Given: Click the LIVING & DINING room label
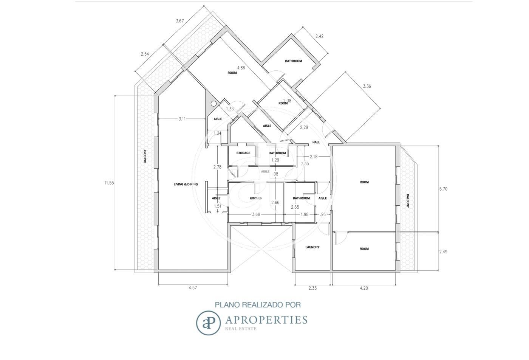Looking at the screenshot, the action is tap(186, 185).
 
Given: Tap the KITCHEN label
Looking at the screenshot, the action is tap(256, 198).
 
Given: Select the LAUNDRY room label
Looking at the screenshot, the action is tap(312, 247).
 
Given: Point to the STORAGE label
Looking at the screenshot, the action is tap(243, 153).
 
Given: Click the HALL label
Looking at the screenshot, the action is tap(316, 142).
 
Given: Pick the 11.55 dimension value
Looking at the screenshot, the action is tap(109, 183).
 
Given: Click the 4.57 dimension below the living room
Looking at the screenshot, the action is tap(193, 288).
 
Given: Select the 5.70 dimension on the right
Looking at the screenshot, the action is tap(443, 189).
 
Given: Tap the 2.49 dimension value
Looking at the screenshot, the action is tap(443, 252).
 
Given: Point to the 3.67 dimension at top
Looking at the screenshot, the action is tap(180, 21).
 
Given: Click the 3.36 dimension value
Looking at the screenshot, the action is tap(367, 86).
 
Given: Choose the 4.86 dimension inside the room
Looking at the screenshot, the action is tap(241, 68).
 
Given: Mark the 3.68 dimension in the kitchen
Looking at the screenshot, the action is tap(256, 215).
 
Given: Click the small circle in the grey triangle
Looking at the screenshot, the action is tap(213, 103).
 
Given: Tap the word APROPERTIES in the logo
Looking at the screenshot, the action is tap(266, 320).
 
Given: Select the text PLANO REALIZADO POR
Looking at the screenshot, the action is tap(258, 305).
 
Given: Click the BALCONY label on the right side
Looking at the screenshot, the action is tap(408, 201).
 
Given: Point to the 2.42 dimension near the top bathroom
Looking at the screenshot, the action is tap(319, 36).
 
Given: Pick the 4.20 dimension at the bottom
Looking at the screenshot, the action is tap(364, 288).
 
